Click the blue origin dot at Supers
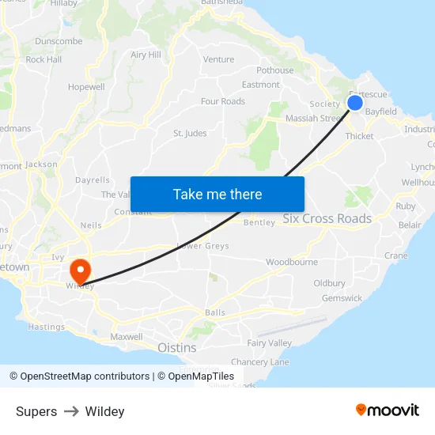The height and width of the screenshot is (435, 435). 355,102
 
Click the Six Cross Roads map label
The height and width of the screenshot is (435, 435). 327,218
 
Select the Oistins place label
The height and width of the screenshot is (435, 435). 176,347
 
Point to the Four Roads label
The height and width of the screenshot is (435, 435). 222,101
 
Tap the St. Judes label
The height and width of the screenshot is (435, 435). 190,133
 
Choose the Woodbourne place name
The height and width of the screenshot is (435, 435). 291,262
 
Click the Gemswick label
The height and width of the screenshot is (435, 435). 342,298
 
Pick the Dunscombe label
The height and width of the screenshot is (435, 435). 59,41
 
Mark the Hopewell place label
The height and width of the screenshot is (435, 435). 86,87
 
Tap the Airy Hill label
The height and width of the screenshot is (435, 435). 146,55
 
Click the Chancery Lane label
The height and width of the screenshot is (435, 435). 260,361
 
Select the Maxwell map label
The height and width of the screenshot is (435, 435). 127,337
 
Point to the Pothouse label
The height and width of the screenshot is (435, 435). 274,70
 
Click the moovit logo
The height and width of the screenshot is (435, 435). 387,410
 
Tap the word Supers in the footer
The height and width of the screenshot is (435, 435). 36,411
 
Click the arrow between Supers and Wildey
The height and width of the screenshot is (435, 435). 71,411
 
